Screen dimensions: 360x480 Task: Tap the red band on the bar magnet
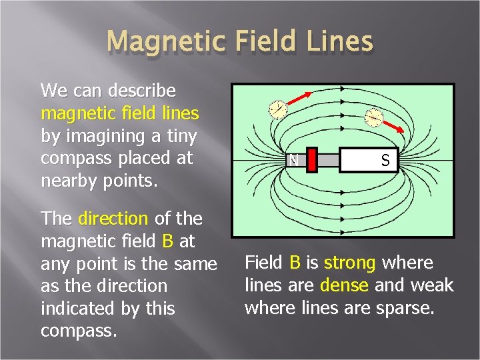point(311,160)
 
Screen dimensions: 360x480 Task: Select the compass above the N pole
point(277,110)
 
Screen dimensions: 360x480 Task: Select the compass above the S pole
point(375,117)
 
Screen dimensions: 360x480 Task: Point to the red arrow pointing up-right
point(299,98)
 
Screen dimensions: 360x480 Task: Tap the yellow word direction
point(113,218)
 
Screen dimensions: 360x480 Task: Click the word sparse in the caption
point(408,308)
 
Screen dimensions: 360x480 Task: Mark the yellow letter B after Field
point(295,263)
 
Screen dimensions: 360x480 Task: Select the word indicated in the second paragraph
point(76,309)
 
